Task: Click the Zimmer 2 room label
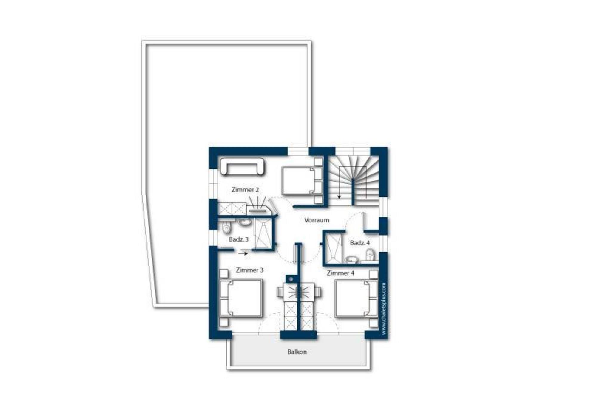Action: tap(245, 190)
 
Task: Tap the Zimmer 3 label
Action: tap(250, 270)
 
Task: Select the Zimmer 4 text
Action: tap(340, 273)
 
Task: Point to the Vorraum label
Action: tap(317, 220)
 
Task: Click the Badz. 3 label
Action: tap(239, 239)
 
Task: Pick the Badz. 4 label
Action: tap(360, 243)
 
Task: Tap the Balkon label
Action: tap(297, 352)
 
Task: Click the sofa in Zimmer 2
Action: tap(242, 166)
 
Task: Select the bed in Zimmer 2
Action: tap(302, 180)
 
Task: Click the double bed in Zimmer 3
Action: tap(241, 298)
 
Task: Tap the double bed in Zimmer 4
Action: tap(357, 298)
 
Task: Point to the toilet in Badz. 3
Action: tap(227, 228)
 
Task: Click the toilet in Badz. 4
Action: tap(370, 254)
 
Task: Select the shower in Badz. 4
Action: tap(334, 249)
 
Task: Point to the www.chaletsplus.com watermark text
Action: tap(384, 308)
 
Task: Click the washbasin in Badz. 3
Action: tap(245, 222)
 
